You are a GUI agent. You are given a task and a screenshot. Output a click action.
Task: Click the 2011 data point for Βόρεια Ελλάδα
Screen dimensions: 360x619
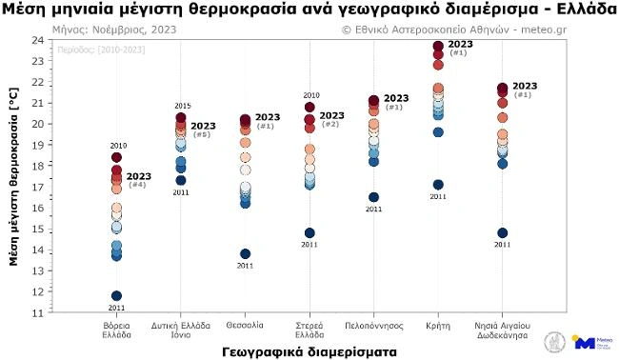click(116, 296)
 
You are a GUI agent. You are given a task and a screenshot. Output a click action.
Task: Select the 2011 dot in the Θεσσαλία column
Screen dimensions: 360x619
click(245, 254)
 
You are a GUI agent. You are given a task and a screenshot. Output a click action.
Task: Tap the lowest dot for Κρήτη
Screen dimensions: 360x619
click(438, 185)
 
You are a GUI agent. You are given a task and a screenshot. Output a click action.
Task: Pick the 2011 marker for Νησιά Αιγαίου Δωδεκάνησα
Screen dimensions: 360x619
click(502, 233)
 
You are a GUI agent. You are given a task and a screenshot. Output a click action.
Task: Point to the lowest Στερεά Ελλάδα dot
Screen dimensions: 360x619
click(309, 233)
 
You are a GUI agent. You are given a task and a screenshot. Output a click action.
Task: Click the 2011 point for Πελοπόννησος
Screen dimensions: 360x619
click(373, 197)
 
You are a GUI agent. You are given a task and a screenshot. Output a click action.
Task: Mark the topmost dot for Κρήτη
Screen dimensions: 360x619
click(438, 46)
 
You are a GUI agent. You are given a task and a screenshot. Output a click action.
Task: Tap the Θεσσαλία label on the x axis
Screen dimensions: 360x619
click(245, 326)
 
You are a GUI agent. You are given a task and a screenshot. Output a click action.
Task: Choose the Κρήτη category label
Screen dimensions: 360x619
click(438, 326)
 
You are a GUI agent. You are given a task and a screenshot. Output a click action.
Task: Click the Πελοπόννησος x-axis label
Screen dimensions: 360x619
click(373, 326)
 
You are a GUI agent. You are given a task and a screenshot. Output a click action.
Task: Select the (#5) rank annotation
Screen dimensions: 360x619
click(202, 135)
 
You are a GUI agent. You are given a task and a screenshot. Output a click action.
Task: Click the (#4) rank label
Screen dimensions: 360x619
click(137, 185)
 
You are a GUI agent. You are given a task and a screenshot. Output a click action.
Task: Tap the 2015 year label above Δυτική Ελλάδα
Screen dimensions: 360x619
click(181, 105)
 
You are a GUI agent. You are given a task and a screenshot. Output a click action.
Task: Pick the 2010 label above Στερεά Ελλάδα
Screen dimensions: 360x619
click(310, 95)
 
